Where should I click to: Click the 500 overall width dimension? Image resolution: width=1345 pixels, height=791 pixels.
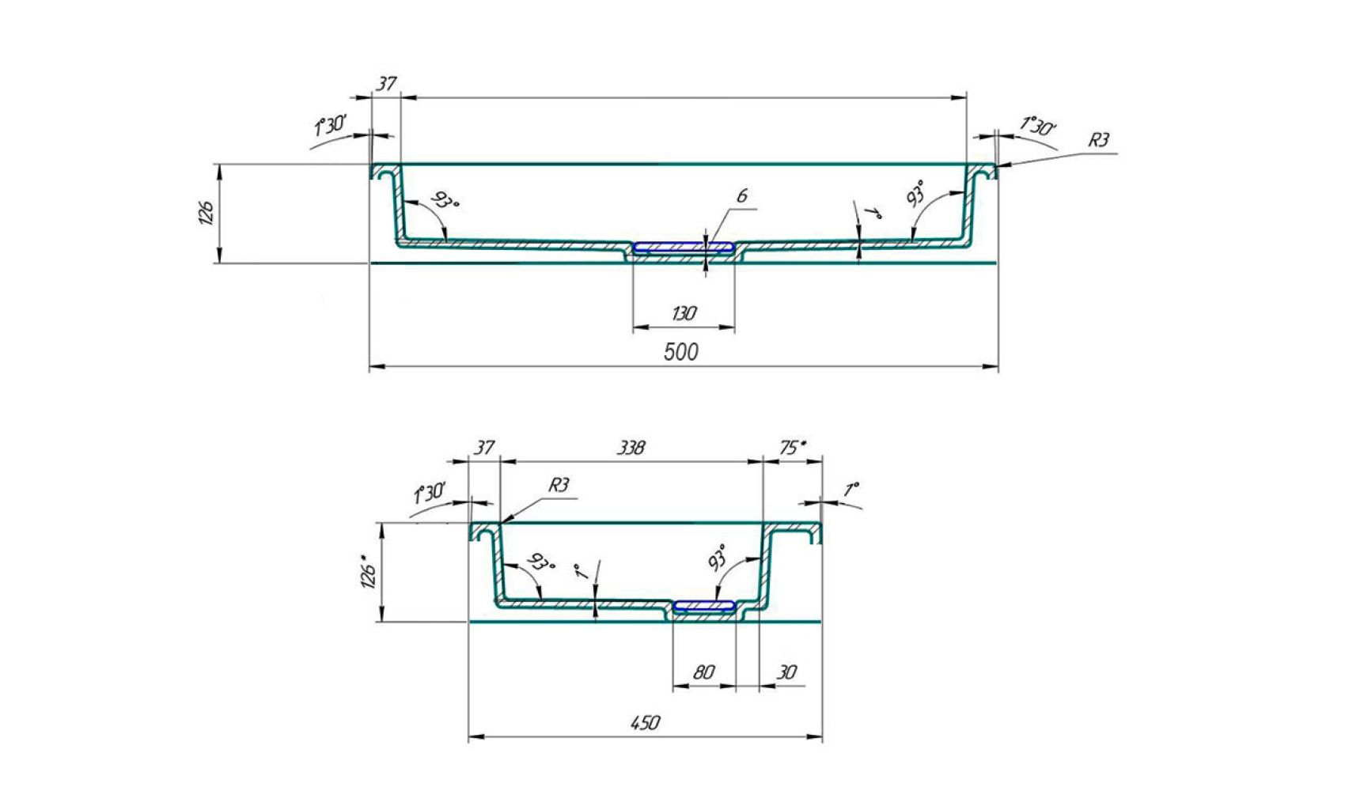coord(681,352)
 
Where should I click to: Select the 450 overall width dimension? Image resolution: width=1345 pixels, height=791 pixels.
coord(646,723)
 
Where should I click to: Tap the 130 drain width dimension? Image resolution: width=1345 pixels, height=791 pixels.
coord(684,313)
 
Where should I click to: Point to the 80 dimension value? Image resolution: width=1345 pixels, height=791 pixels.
coord(703,672)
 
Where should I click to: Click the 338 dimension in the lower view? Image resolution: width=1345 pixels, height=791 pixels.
coord(631,448)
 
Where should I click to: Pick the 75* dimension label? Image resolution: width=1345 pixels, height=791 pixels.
coord(793,448)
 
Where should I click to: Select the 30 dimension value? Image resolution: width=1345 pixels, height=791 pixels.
coord(786,672)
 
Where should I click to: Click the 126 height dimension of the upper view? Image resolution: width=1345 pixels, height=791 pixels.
coord(206,213)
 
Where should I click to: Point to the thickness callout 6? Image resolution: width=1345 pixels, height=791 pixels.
coord(742,195)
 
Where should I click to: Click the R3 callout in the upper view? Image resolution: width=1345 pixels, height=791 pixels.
coord(1098,141)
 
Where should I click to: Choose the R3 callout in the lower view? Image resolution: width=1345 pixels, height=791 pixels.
coord(559,485)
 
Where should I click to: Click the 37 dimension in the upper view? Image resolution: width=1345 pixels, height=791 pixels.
coord(386,83)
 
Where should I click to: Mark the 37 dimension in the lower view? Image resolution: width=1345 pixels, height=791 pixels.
coord(484,448)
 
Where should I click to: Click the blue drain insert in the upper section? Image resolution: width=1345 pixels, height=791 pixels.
coord(684,247)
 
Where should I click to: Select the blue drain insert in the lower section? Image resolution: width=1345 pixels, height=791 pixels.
coord(703,605)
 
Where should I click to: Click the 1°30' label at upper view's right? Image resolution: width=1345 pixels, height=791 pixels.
coord(1038,127)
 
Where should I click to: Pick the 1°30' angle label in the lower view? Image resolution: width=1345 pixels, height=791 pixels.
coord(430,494)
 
